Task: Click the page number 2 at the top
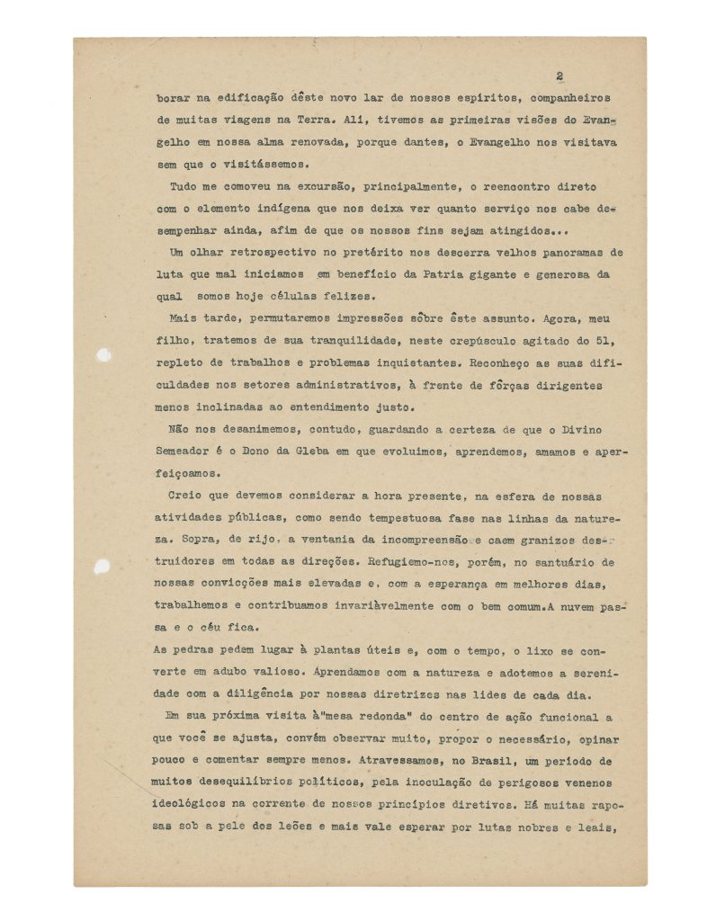pyautogui.click(x=559, y=76)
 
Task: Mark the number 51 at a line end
pyautogui.click(x=605, y=341)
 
